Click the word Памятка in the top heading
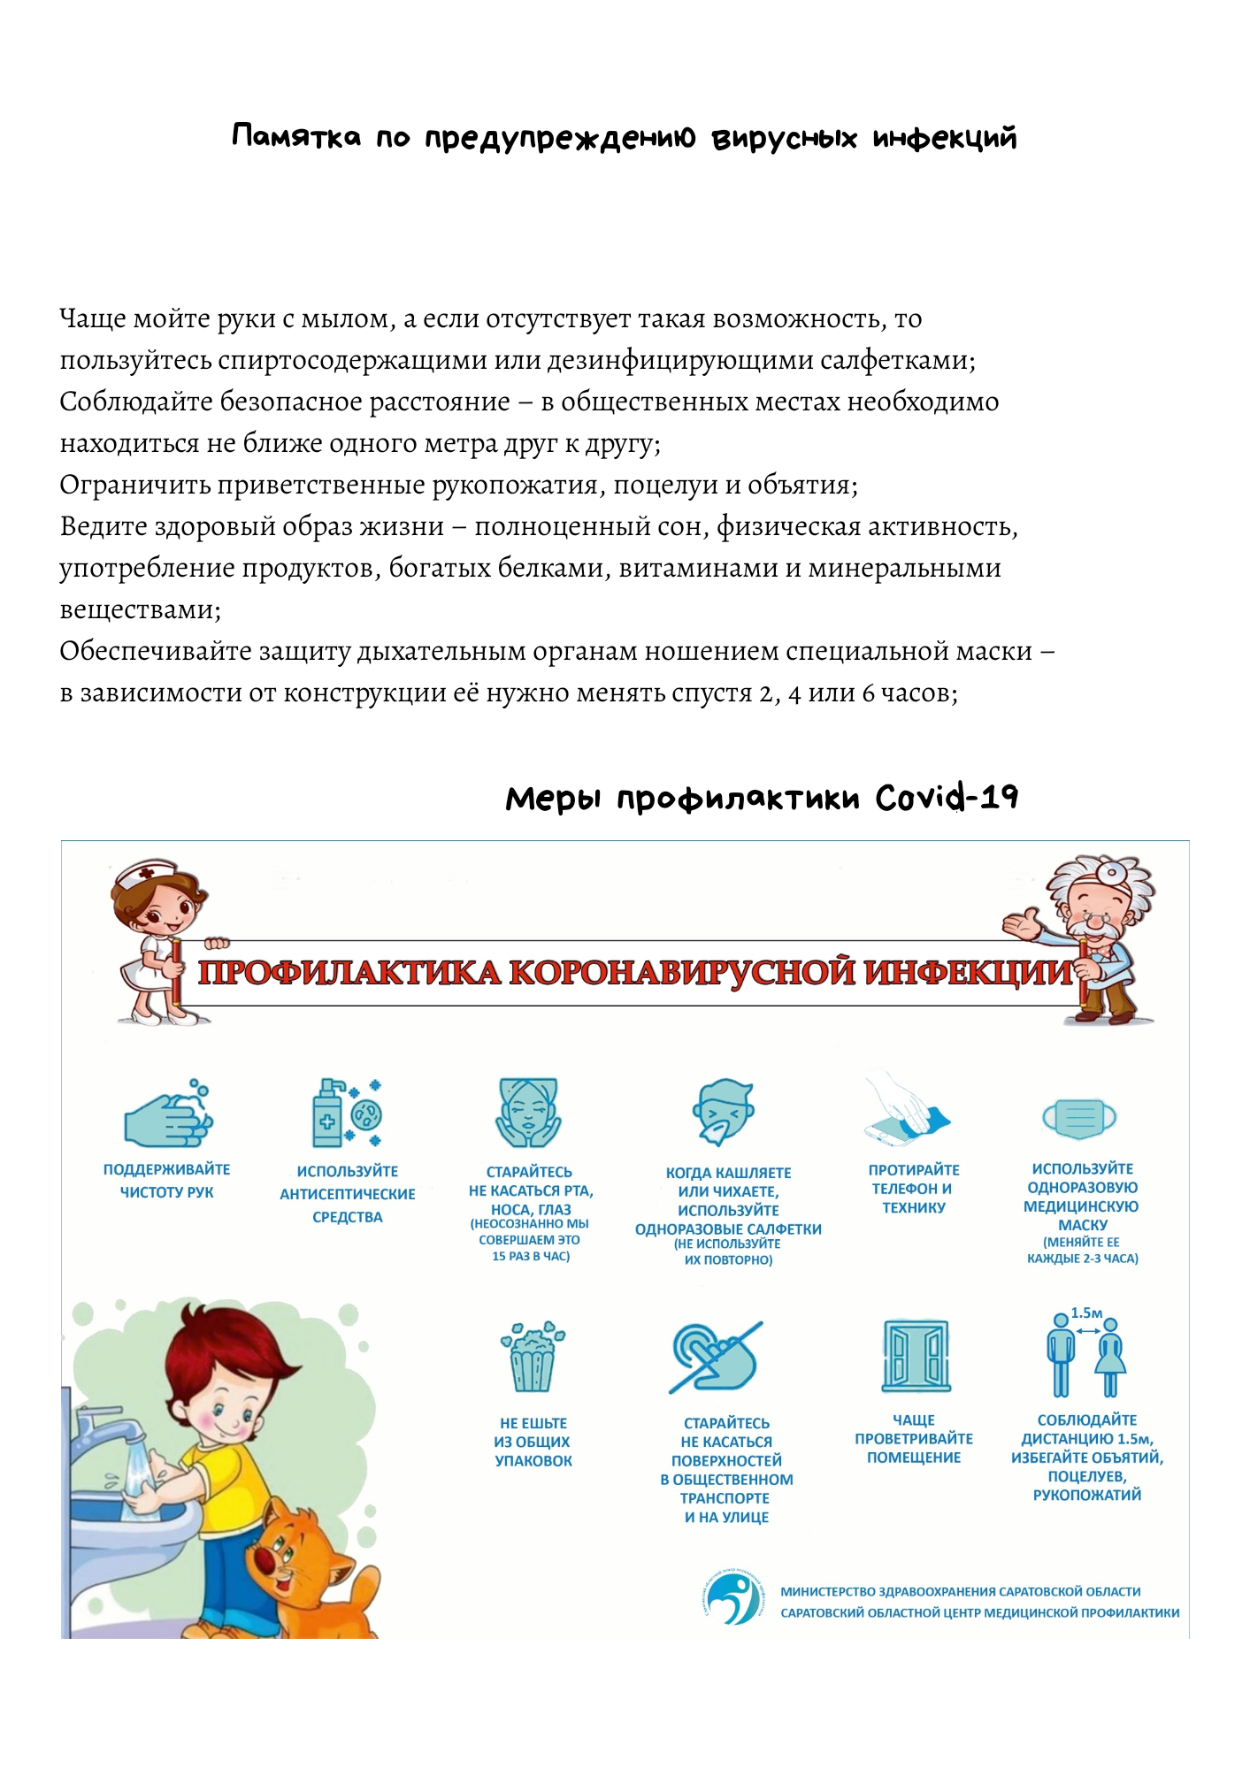[x=296, y=137]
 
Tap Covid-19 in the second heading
[x=946, y=798]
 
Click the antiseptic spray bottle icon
[x=327, y=1114]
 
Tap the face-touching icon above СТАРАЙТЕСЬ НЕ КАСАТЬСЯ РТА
[x=528, y=1113]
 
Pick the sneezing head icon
[x=723, y=1112]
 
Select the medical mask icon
[x=1079, y=1119]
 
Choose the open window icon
[x=915, y=1356]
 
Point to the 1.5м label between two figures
[x=1086, y=1313]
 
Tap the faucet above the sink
[x=104, y=1426]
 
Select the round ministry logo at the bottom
[x=733, y=1598]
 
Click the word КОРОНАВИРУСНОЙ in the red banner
[x=682, y=973]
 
